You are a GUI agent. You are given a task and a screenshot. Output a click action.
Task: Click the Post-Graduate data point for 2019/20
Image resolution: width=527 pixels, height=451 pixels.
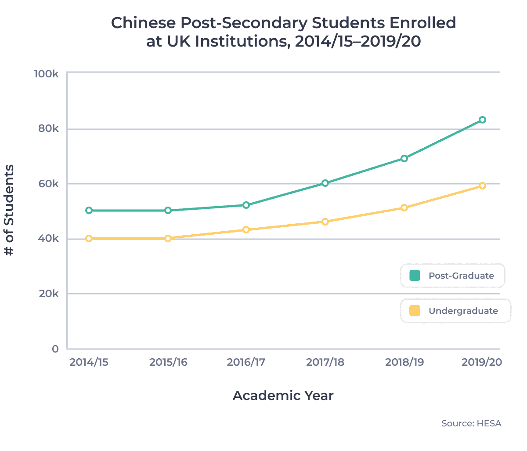pyautogui.click(x=482, y=120)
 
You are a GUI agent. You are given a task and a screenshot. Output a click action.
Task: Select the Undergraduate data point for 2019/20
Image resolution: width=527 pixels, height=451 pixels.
pyautogui.click(x=482, y=186)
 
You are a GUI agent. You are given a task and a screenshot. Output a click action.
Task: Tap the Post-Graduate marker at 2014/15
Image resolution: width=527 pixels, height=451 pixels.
pyautogui.click(x=89, y=211)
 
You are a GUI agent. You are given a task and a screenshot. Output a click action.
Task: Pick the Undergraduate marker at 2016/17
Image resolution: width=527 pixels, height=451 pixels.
pyautogui.click(x=246, y=230)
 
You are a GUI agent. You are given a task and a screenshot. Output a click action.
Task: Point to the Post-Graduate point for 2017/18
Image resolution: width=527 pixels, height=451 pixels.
pyautogui.click(x=325, y=183)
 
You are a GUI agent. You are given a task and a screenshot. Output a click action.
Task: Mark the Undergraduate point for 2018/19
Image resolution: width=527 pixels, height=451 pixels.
pyautogui.click(x=404, y=208)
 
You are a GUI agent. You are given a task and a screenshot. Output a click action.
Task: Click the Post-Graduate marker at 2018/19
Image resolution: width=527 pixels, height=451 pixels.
pyautogui.click(x=404, y=159)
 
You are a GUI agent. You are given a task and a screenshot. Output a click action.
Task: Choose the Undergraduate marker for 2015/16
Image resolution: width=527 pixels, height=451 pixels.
pyautogui.click(x=168, y=239)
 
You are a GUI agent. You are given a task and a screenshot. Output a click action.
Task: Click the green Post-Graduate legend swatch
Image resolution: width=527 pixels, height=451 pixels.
pyautogui.click(x=415, y=276)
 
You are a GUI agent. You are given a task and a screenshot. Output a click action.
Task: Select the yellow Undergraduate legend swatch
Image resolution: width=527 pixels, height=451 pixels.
pyautogui.click(x=415, y=311)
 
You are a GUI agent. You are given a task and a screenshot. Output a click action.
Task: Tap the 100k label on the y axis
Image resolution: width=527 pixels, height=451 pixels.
pyautogui.click(x=46, y=73)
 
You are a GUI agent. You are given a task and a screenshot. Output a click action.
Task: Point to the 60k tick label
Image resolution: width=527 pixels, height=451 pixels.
pyautogui.click(x=48, y=184)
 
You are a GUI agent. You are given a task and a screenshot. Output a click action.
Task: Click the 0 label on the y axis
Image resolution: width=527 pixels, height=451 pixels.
pyautogui.click(x=55, y=349)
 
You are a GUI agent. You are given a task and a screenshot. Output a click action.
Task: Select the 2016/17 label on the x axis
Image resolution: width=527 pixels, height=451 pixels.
pyautogui.click(x=246, y=363)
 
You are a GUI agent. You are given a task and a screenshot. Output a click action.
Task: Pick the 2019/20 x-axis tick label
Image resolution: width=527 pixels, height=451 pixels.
pyautogui.click(x=481, y=363)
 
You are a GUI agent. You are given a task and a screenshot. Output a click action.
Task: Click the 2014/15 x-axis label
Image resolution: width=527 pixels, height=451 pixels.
pyautogui.click(x=89, y=363)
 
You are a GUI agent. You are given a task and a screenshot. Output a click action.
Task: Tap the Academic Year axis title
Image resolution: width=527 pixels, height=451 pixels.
pyautogui.click(x=283, y=396)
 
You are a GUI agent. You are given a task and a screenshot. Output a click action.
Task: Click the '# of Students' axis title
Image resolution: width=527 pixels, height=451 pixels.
pyautogui.click(x=9, y=210)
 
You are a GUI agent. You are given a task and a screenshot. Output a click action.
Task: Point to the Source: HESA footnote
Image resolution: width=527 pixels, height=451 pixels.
pyautogui.click(x=471, y=424)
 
